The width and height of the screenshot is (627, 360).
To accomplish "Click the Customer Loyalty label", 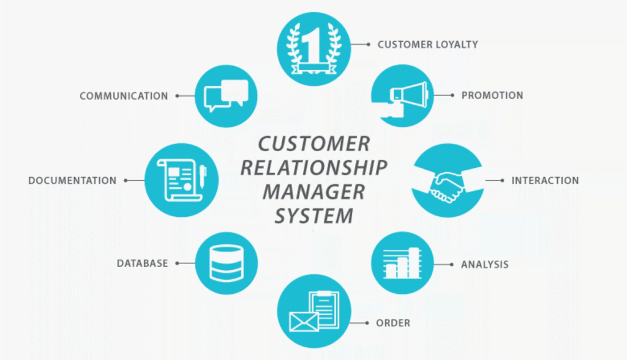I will point(427,44).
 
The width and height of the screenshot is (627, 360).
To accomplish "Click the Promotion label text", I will point(492,96).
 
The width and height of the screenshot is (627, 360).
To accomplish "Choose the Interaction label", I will point(545,181).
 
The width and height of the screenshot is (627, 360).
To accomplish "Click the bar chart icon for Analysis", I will point(402,263).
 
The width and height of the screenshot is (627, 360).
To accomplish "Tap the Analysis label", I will point(485,265).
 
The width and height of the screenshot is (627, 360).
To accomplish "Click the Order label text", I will point(394,323).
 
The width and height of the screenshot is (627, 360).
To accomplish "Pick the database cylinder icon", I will point(226,263).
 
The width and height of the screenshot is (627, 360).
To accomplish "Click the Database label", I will point(142,263).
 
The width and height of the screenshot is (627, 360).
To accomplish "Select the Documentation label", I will point(72,181).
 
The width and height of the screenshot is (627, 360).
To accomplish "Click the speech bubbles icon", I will point(226,96).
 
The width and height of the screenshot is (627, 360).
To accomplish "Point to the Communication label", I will point(124,96).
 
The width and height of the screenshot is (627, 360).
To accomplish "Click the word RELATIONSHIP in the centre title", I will point(313,168).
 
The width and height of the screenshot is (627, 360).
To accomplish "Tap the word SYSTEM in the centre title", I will point(313,216).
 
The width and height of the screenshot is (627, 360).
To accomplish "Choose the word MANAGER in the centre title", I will point(313,192).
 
